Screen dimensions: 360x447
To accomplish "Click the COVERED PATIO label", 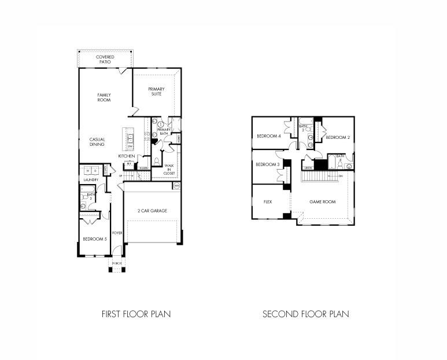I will tap(105, 59).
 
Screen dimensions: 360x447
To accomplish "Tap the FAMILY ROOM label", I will tap(104, 97).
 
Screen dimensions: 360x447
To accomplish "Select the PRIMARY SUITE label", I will tap(156, 91).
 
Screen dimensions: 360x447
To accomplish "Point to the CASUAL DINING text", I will tap(97, 141).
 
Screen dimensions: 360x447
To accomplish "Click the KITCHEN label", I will tap(127, 156).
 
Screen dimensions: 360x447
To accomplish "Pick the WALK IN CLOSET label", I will tap(169, 169).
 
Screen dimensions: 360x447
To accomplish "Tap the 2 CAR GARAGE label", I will tap(153, 211).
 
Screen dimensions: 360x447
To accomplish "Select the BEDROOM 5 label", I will tap(94, 239).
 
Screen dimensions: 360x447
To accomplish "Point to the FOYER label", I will tap(117, 233).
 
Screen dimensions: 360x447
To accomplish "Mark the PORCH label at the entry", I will tap(117, 263).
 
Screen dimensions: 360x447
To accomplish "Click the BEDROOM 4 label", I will tap(268, 137).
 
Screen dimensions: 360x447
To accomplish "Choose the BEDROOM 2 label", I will tap(337, 137).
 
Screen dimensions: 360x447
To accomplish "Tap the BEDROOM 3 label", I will tap(268, 164).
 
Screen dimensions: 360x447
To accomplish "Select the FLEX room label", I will tap(268, 202).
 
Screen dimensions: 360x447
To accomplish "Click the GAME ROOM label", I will tap(322, 202).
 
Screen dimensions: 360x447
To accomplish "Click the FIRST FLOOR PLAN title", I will tap(136, 314).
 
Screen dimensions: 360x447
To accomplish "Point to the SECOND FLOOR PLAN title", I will tap(306, 314).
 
